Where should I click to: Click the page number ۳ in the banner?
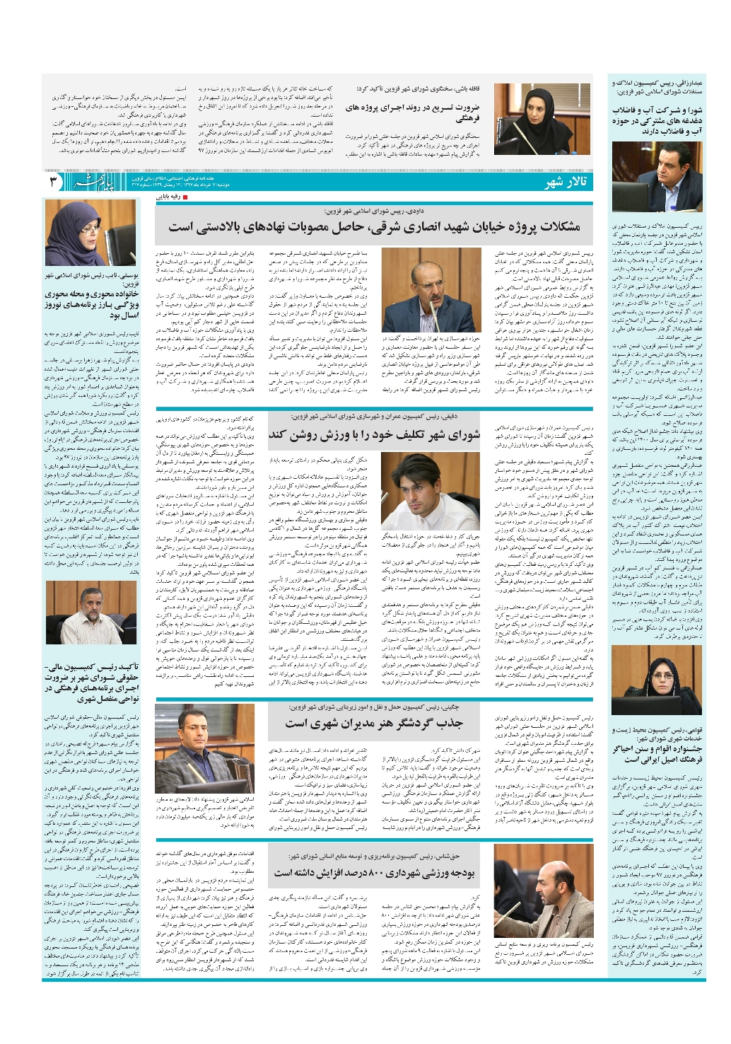pos(54,182)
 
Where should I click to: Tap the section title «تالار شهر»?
pos(566,183)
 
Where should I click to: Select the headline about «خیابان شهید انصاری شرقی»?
pos(374,226)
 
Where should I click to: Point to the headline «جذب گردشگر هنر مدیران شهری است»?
pos(374,724)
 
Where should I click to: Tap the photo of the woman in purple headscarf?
pos(90,233)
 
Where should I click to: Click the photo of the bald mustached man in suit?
pos(431,290)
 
